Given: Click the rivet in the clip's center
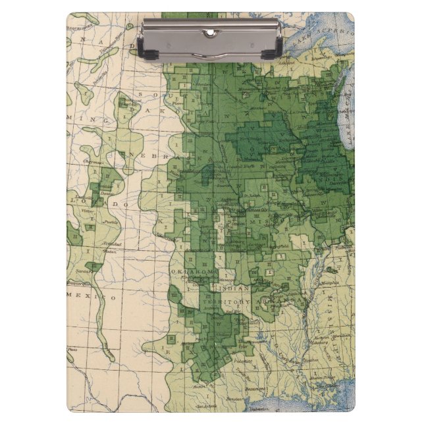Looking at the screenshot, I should tap(211, 32).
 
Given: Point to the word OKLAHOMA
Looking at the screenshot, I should tap(194, 272).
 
